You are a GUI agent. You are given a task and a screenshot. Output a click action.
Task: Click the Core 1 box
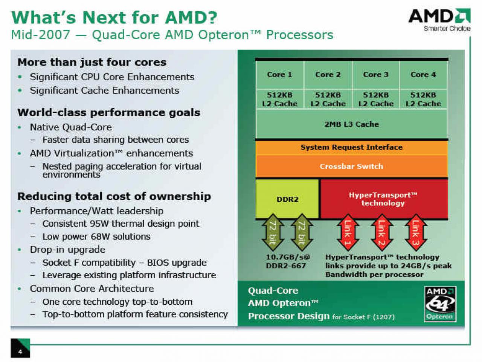[x=280, y=75]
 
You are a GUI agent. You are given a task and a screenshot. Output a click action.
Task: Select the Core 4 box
[x=423, y=75]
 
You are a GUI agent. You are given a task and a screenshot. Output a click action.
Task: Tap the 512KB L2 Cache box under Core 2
[x=328, y=99]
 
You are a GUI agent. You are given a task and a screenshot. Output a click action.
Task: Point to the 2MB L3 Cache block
[x=351, y=124]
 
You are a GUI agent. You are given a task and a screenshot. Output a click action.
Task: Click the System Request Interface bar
[x=351, y=147]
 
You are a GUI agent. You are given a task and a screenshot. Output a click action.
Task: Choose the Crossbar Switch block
[x=351, y=166]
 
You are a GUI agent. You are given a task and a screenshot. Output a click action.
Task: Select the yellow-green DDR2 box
[x=287, y=199]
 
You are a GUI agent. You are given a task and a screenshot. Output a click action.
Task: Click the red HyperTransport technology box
[x=384, y=199]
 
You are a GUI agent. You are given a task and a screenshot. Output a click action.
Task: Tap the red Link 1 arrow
[x=348, y=232]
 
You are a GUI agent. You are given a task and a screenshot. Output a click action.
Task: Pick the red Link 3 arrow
[x=416, y=232]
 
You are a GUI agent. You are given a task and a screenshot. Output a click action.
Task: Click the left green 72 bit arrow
[x=273, y=232]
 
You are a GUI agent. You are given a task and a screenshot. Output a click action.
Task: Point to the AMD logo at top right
[x=439, y=20]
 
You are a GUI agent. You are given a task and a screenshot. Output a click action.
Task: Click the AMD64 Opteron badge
[x=440, y=304]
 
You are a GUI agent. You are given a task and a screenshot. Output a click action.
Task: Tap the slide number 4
[x=20, y=352]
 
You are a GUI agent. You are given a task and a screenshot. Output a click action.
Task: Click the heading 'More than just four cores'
[x=92, y=63]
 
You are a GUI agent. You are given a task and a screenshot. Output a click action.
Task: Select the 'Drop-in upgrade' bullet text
[x=68, y=250]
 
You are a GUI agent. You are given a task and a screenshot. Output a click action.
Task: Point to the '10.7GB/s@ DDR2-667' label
[x=287, y=261]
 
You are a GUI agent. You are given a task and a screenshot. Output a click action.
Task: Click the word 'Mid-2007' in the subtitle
[x=40, y=35]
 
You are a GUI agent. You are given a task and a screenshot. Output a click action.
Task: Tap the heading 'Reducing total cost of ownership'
[x=114, y=196]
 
